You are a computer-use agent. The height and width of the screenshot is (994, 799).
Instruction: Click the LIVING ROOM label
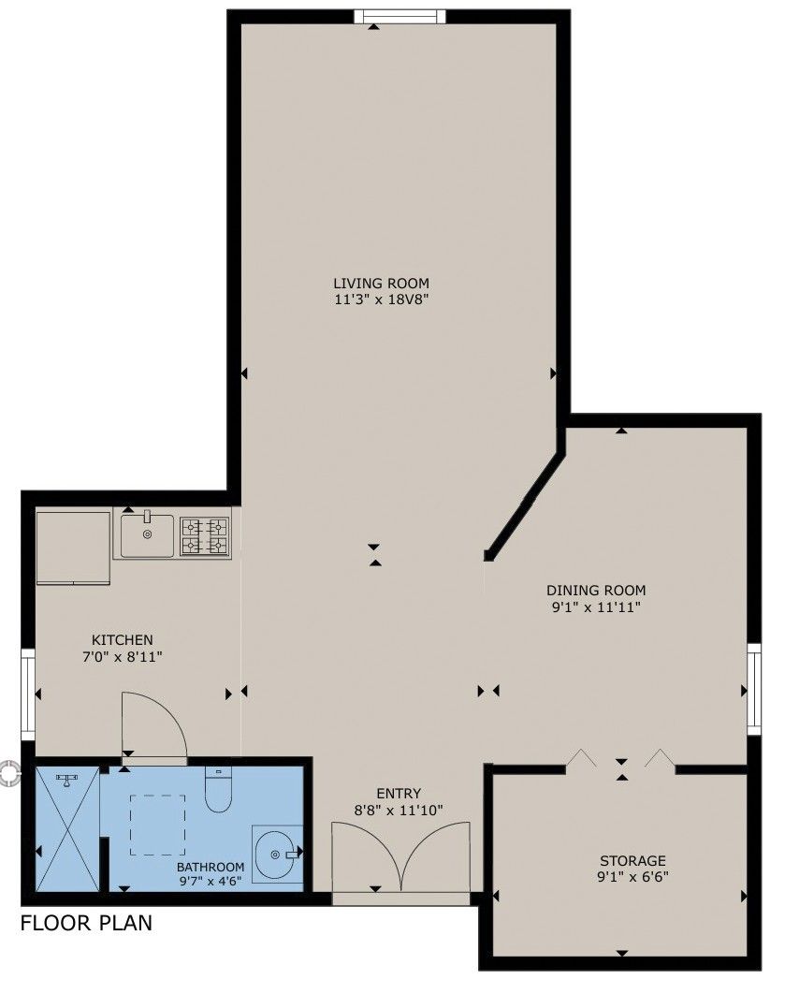pos(382,283)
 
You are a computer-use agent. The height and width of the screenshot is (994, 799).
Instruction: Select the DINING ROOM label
pos(596,591)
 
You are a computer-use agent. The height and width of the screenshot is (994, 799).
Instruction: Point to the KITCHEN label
pos(123,639)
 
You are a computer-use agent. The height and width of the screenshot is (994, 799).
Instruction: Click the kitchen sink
pos(147,535)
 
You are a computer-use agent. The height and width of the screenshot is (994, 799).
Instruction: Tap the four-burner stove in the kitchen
pos(205,536)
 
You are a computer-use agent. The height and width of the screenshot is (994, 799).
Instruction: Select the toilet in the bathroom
pos(219,790)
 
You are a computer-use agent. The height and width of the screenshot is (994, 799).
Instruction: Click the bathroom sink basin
pos(277,854)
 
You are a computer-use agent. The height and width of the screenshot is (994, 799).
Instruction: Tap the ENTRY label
pos(399,793)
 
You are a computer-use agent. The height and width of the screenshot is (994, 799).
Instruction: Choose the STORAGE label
pos(633,860)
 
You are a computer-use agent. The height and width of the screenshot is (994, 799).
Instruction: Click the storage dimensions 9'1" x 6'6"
pos(633,877)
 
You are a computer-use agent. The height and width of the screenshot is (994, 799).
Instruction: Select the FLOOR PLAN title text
pos(86,923)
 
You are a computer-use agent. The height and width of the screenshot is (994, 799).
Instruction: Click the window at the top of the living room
pos(399,17)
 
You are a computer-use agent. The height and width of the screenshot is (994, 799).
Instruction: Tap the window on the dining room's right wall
pos(753,689)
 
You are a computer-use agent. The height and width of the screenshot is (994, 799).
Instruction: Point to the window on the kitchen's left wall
pos(28,694)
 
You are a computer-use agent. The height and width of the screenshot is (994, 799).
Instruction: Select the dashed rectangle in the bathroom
pos(158,825)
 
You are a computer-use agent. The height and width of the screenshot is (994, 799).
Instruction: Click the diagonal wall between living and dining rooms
pos(525,504)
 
